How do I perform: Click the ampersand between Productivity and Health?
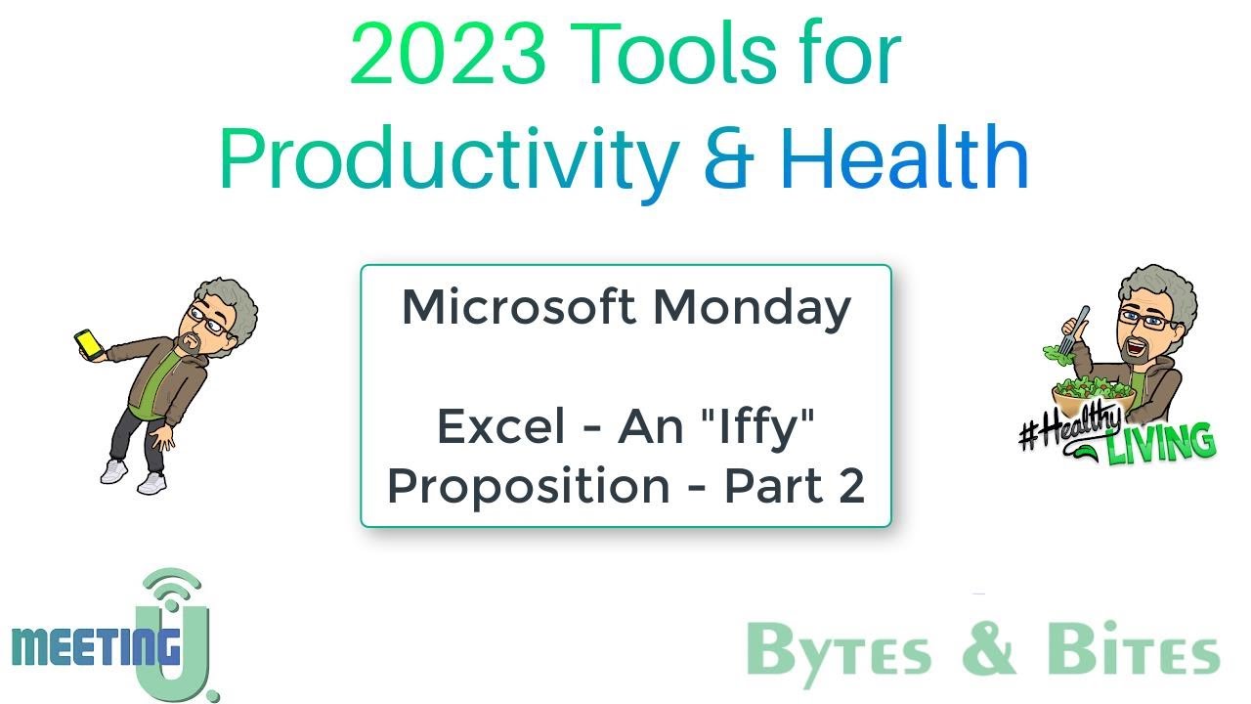click(728, 159)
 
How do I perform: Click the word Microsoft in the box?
click(518, 307)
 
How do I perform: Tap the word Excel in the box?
click(501, 426)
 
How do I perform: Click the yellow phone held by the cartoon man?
click(88, 342)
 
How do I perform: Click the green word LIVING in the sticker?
click(1162, 443)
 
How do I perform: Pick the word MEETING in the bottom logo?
click(96, 646)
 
